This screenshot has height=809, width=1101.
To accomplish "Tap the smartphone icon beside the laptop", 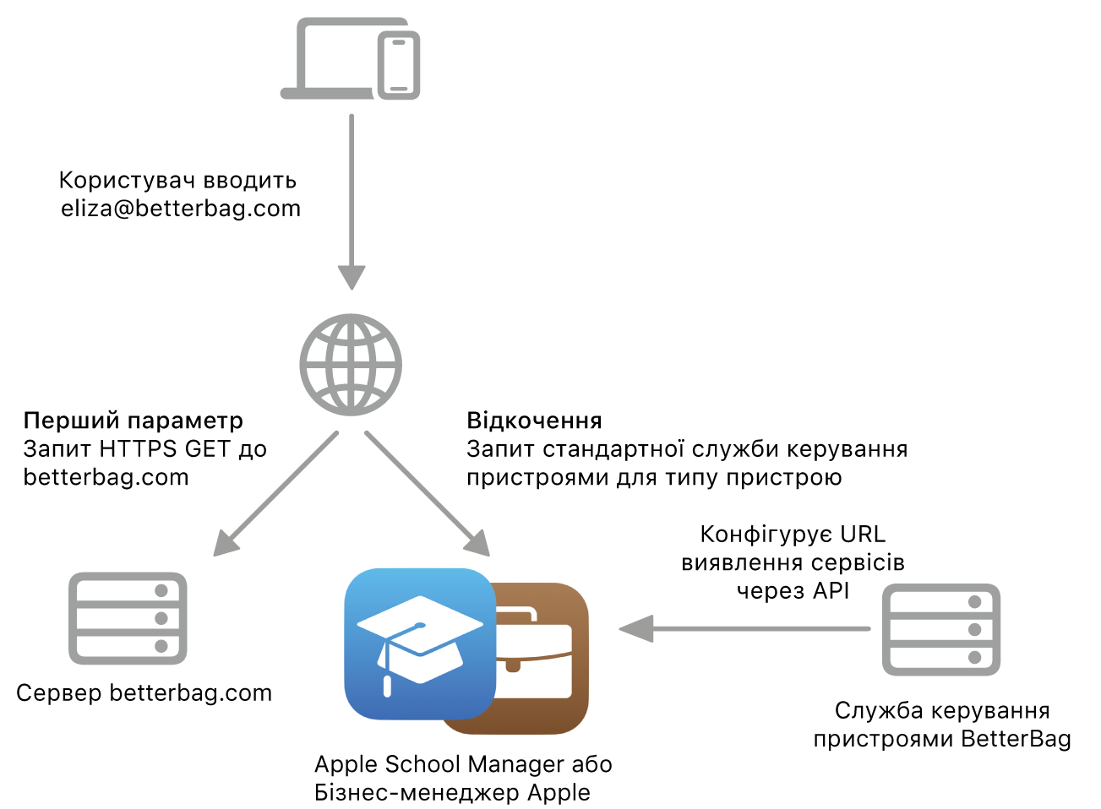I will click(x=399, y=66).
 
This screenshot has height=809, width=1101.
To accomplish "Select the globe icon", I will click(x=351, y=365).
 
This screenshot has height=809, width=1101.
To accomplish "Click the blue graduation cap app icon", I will click(x=420, y=643).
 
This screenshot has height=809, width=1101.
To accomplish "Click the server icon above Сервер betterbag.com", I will click(x=128, y=618).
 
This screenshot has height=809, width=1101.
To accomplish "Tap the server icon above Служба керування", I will click(x=941, y=629).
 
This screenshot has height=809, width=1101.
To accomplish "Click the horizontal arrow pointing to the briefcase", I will click(x=744, y=628).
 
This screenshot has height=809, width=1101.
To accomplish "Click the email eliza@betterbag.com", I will click(x=181, y=209).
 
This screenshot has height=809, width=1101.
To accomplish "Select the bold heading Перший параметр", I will click(x=134, y=421).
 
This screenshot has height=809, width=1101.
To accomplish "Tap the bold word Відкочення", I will click(x=534, y=421).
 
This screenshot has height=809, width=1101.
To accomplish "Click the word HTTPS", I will click(x=139, y=448).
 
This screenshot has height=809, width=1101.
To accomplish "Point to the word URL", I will click(x=863, y=535).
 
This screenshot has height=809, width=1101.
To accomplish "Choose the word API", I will click(x=831, y=590).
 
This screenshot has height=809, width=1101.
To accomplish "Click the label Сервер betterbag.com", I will click(x=144, y=693).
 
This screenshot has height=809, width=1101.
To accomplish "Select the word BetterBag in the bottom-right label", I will click(x=1016, y=739).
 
